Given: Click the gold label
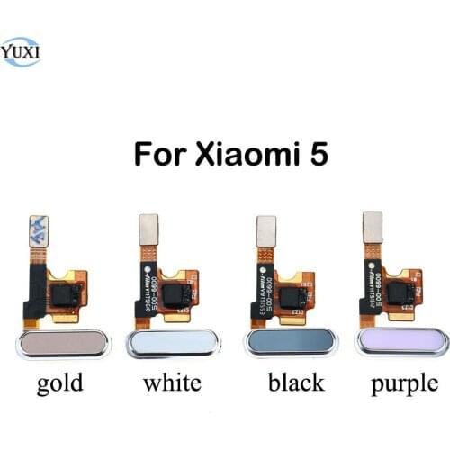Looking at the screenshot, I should [x=60, y=383].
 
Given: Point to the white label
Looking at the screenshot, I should [x=171, y=383].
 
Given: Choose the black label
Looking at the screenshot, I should [x=297, y=383].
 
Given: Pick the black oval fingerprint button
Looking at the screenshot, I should [x=289, y=346].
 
